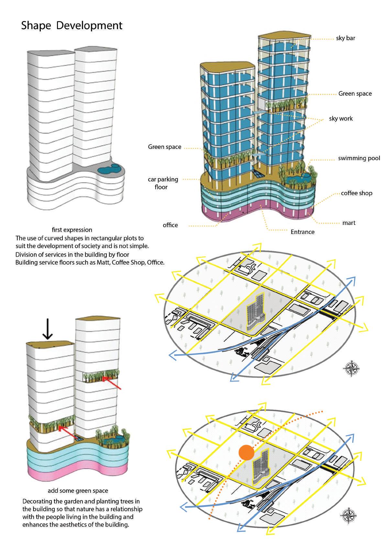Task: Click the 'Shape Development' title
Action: point(71,26)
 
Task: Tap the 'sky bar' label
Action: point(345,38)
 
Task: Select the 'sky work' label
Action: point(341,118)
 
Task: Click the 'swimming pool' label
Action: point(359,158)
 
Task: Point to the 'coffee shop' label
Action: point(357,193)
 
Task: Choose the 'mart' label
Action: point(349,223)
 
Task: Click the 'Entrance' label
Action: point(302,232)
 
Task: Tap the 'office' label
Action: point(170,225)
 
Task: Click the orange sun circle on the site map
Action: point(246,453)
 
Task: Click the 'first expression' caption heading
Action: point(72,230)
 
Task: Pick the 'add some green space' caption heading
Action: point(78,491)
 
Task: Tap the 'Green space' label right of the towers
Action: point(355,94)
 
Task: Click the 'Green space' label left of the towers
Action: point(164,147)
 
